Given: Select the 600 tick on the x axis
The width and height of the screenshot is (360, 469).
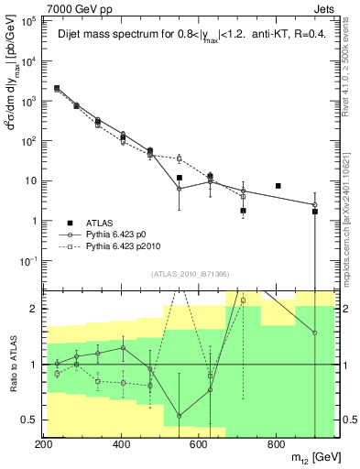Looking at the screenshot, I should click(x=199, y=445).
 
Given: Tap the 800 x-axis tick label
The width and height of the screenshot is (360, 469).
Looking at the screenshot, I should click(x=276, y=445).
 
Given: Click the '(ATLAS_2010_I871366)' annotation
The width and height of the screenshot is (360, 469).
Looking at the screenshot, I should click(x=191, y=275).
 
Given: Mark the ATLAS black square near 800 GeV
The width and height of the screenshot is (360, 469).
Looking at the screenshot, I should click(x=278, y=186).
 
